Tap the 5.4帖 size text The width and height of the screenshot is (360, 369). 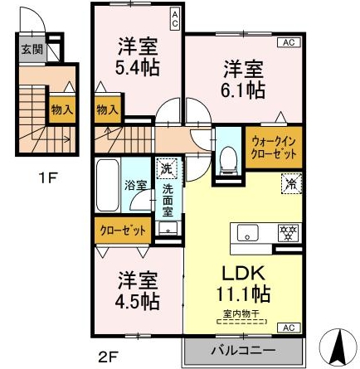coord(138,67)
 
